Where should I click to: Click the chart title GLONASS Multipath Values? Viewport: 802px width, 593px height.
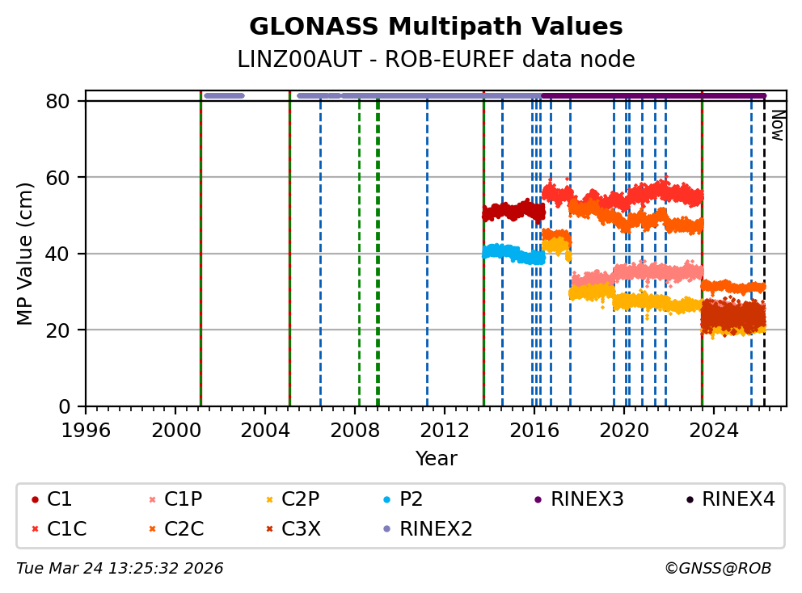point(436,27)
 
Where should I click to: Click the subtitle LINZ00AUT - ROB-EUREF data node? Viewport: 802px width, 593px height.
point(436,60)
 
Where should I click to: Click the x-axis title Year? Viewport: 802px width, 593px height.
point(436,460)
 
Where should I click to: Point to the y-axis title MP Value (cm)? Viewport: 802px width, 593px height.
point(26,254)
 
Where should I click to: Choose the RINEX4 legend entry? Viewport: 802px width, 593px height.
point(738,500)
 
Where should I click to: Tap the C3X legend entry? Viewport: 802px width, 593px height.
point(301,529)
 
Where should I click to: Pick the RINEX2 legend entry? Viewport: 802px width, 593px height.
point(436,529)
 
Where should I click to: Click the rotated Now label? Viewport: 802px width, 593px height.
point(777,125)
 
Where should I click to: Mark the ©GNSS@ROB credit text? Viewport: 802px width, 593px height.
point(717,569)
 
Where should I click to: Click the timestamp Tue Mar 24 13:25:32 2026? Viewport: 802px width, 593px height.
point(120,569)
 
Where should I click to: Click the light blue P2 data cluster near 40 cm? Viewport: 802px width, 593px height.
point(513,254)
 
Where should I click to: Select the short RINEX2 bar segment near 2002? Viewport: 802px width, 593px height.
point(224,95)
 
